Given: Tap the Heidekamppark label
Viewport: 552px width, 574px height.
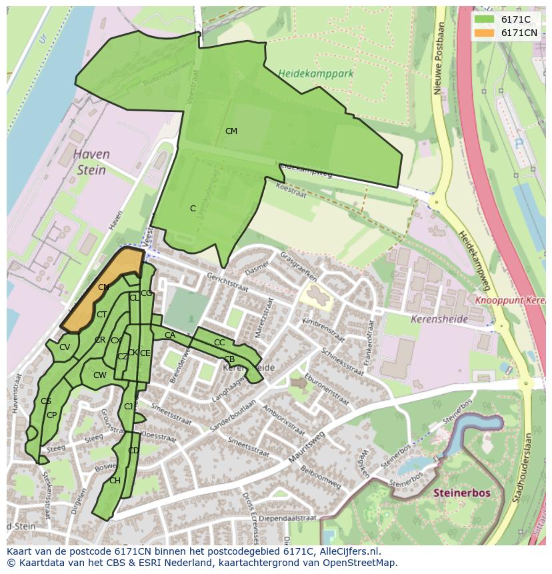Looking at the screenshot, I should pyautogui.click(x=315, y=73).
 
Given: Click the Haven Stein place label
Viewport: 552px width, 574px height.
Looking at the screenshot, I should pyautogui.click(x=91, y=162).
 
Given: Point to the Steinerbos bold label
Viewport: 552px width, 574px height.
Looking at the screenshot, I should pyautogui.click(x=462, y=493).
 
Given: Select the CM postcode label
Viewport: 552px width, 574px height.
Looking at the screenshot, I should pyautogui.click(x=231, y=131).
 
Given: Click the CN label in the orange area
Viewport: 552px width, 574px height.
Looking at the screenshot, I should pyautogui.click(x=103, y=287).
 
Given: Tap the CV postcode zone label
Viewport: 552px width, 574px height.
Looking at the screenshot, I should pyautogui.click(x=65, y=347).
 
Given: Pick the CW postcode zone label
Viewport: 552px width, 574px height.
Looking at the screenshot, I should pyautogui.click(x=99, y=375).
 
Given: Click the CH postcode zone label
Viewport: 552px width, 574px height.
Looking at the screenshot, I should pyautogui.click(x=115, y=481).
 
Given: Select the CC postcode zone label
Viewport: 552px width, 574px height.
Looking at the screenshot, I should pyautogui.click(x=219, y=343).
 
